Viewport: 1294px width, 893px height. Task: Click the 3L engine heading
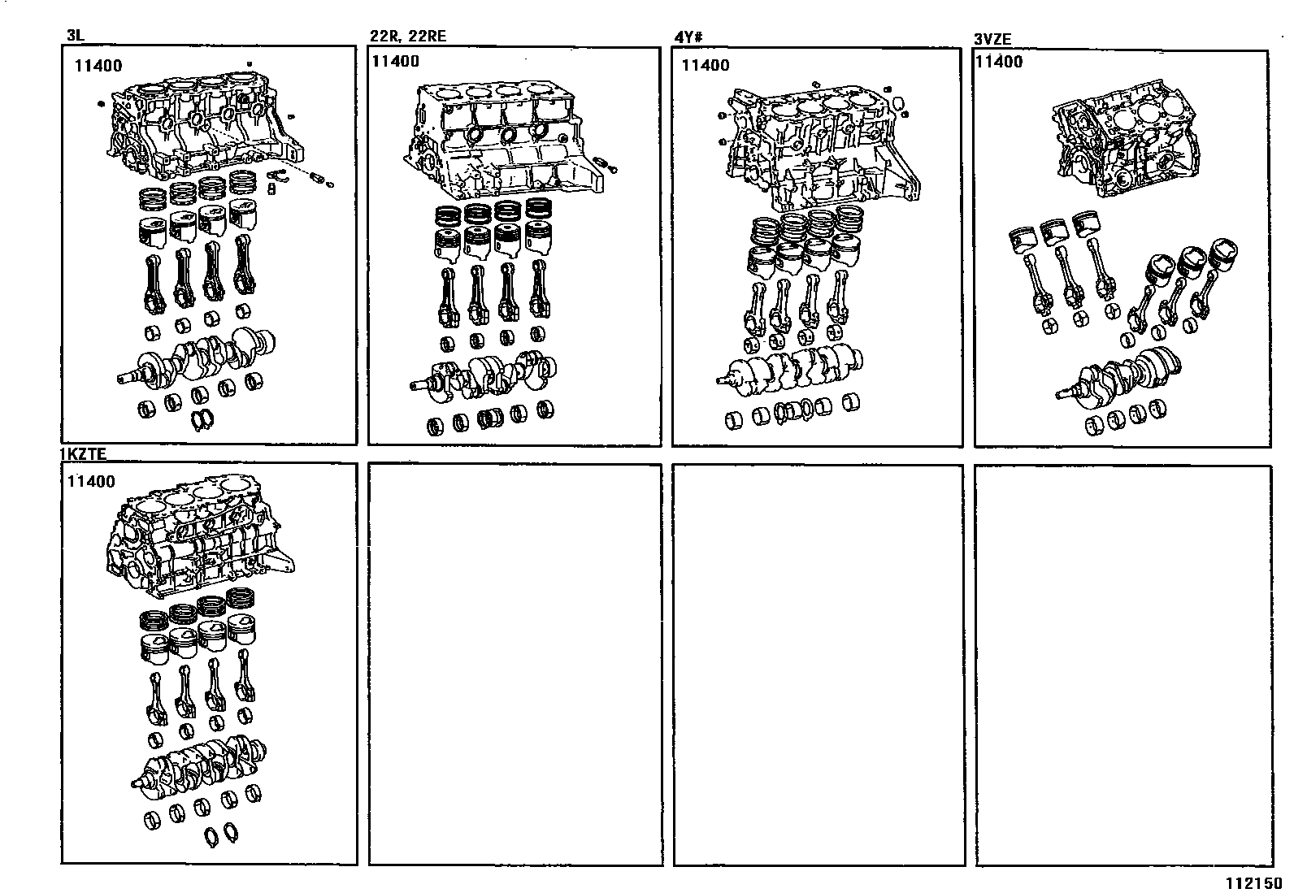click(75, 35)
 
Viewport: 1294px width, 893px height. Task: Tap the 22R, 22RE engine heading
click(408, 36)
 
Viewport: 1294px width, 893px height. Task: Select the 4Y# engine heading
click(688, 37)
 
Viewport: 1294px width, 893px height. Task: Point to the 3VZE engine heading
click(992, 39)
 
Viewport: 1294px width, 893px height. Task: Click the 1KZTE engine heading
click(84, 454)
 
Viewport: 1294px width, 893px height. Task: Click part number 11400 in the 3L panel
click(98, 66)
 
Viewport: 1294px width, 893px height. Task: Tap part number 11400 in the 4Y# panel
click(706, 65)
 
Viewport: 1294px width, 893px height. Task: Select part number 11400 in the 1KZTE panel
click(91, 481)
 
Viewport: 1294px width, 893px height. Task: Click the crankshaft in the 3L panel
click(197, 358)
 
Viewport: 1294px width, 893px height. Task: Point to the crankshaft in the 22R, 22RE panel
click(484, 375)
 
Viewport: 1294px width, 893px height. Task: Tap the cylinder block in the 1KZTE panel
click(199, 536)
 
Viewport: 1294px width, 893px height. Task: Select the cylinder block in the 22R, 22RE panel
click(502, 139)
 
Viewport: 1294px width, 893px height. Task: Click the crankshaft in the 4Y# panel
click(790, 370)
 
